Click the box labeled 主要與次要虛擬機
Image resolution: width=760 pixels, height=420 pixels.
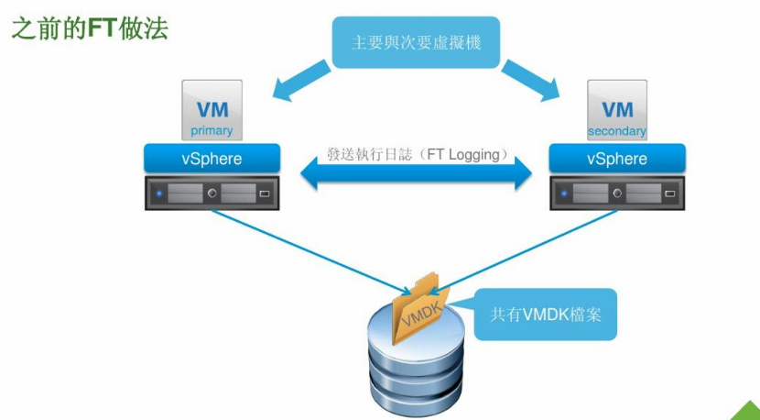(x=416, y=42)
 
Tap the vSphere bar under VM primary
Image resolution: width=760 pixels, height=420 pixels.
(x=212, y=159)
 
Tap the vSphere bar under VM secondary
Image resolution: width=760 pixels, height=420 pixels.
(x=617, y=159)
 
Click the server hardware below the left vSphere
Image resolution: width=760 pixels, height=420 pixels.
(x=212, y=193)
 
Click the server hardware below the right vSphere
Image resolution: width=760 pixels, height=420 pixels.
(x=617, y=193)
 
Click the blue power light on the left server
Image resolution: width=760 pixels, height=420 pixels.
(x=160, y=194)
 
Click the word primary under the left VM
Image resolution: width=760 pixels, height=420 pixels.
(x=212, y=131)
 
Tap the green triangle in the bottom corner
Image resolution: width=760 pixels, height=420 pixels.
(x=744, y=409)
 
